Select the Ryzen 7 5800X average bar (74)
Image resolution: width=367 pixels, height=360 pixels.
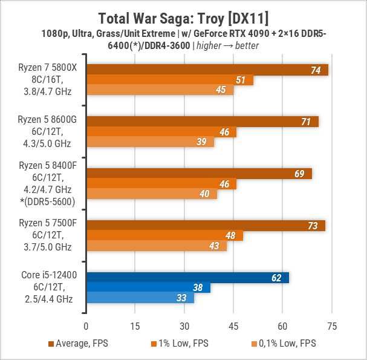[x=207, y=70]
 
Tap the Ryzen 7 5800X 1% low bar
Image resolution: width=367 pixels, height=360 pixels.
[x=170, y=80]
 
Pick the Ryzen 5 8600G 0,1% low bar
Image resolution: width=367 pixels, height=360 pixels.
[x=150, y=142]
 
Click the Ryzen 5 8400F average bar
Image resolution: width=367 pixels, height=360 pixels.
[x=199, y=174]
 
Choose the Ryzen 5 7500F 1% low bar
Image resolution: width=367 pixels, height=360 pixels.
[x=164, y=236]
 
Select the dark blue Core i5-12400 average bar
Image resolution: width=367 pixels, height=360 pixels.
[x=187, y=278]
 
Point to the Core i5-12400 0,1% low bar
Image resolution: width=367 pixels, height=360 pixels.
[x=140, y=298]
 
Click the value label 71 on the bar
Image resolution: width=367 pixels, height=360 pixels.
[x=306, y=122]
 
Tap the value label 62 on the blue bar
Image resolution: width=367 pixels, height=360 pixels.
[x=276, y=278]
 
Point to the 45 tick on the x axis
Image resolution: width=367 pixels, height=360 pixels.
[x=233, y=326]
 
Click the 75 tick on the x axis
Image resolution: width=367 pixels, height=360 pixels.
[x=331, y=326]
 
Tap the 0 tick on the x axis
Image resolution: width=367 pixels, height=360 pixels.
[x=86, y=326]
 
